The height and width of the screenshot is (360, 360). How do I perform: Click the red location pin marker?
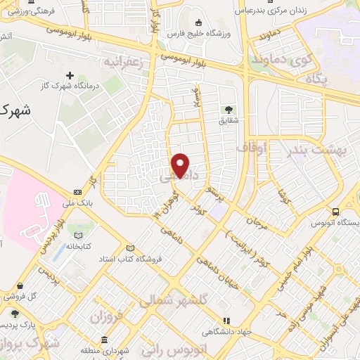tap(181, 165)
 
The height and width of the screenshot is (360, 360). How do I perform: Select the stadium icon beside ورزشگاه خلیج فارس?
tap(199, 22)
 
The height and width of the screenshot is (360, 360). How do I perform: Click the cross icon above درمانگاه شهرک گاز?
tap(70, 75)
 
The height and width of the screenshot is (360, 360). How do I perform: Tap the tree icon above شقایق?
tap(229, 109)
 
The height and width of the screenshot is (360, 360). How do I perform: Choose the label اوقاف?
tap(252, 148)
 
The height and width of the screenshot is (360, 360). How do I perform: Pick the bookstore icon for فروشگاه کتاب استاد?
tap(130, 247)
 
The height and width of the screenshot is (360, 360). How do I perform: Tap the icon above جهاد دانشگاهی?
tap(226, 320)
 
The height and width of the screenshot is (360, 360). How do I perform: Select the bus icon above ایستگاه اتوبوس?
tap(335, 212)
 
